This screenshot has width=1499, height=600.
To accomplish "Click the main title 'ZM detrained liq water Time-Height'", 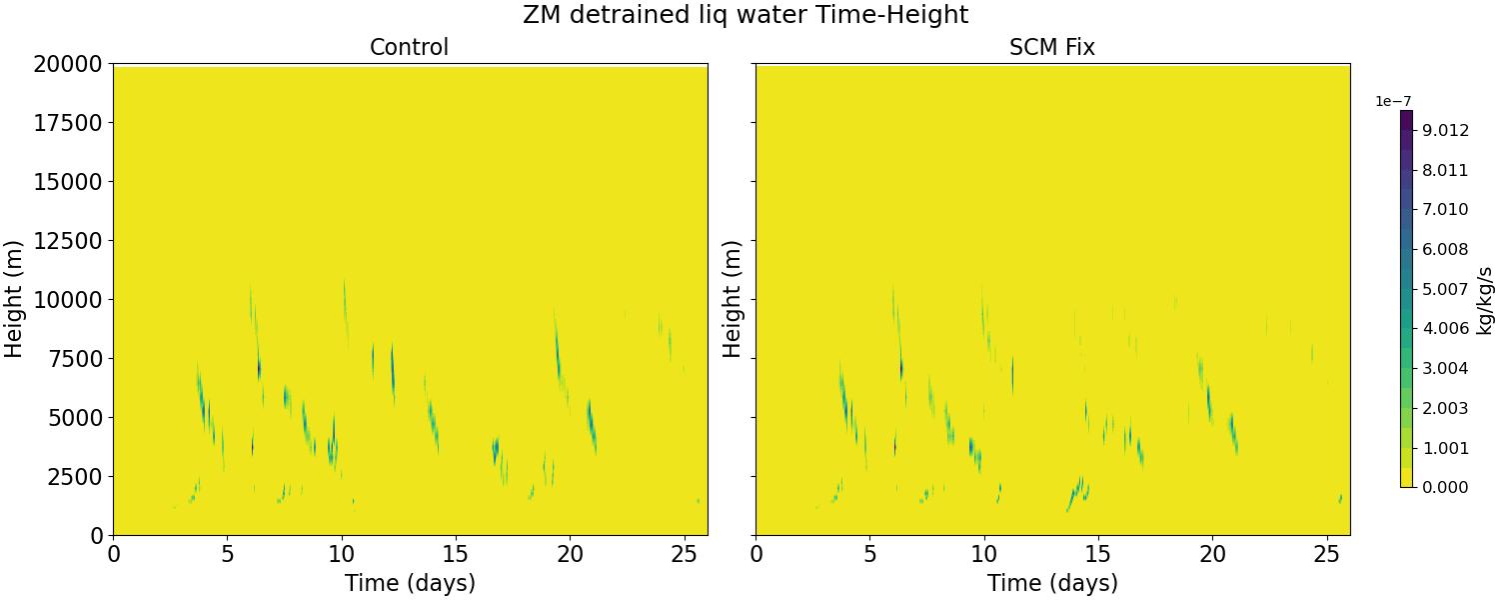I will pos(745,15).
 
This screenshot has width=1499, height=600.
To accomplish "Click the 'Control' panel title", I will pos(409,47).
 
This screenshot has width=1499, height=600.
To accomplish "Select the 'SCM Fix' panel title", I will pos(1052,47).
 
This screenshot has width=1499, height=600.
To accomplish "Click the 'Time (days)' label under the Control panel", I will pos(410,583).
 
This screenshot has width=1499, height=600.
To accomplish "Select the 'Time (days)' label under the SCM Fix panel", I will pos(1052,583).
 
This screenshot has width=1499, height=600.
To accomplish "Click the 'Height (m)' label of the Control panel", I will pos(15,299).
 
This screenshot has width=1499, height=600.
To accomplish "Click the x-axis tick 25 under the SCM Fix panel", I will pos(1325,554).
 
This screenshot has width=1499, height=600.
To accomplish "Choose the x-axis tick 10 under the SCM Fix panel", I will pos(983,554).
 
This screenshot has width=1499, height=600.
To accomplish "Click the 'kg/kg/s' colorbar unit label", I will pos(1486,299).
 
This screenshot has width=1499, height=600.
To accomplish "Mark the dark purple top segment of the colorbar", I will pos(1406,118).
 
